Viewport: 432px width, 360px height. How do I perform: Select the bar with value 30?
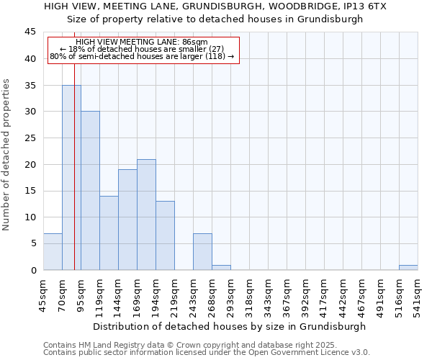(x=90, y=191)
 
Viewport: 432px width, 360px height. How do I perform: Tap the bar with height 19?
(x=127, y=220)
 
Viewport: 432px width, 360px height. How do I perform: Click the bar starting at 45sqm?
(x=53, y=251)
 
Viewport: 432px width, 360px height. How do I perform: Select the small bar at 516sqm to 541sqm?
(x=408, y=267)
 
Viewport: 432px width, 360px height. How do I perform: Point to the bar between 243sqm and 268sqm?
(x=202, y=251)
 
